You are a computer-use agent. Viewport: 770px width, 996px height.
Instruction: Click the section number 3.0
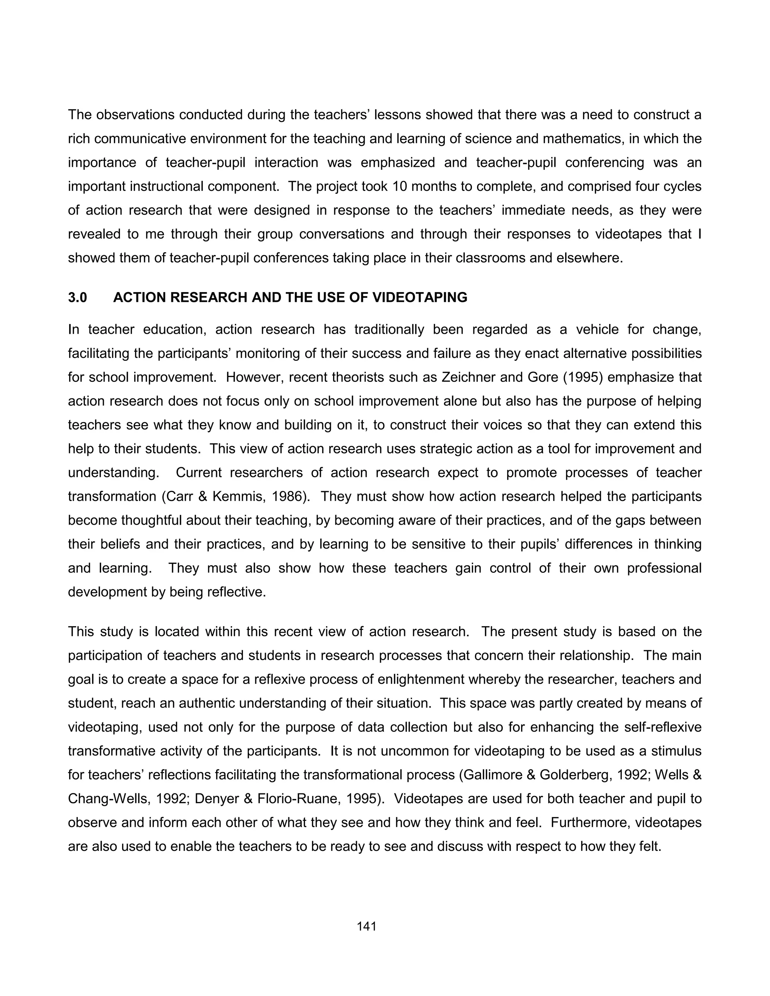tap(77, 297)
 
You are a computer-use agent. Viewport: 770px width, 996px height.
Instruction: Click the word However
tap(252, 378)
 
